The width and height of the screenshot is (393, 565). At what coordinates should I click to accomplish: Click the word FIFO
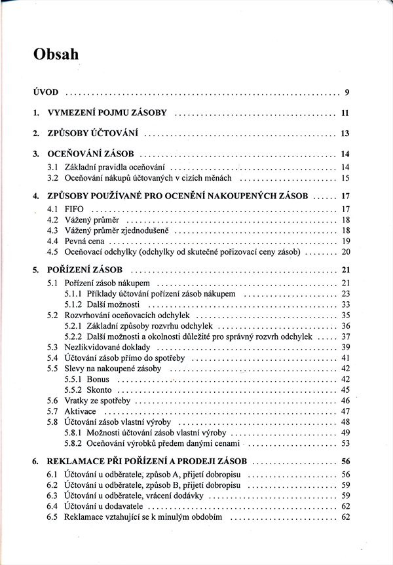(75, 209)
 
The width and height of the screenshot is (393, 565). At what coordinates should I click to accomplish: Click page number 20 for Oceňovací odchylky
(346, 251)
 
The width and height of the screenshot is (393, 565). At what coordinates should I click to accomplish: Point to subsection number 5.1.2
(73, 304)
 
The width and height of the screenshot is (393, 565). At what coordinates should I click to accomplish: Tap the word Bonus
(98, 379)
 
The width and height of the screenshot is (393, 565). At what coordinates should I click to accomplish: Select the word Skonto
(99, 390)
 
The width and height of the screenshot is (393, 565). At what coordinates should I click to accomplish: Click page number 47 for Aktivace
(346, 410)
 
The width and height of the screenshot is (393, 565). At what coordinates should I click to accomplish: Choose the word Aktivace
(81, 410)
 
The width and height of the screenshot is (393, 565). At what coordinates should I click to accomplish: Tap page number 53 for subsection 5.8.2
(346, 443)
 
